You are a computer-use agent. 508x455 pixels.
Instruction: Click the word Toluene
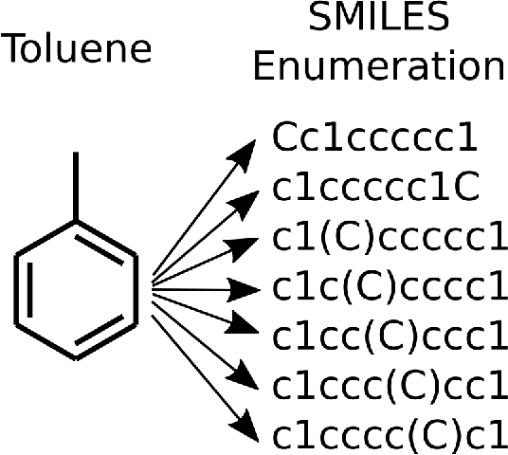[78, 49]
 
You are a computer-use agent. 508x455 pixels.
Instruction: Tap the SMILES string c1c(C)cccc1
[390, 286]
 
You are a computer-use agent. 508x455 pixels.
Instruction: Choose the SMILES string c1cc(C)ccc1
[390, 337]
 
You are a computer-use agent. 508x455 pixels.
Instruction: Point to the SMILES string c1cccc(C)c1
[390, 435]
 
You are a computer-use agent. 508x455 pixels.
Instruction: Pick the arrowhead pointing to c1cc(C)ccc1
[251, 332]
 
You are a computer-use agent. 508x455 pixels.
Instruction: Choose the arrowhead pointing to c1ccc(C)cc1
[250, 377]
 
